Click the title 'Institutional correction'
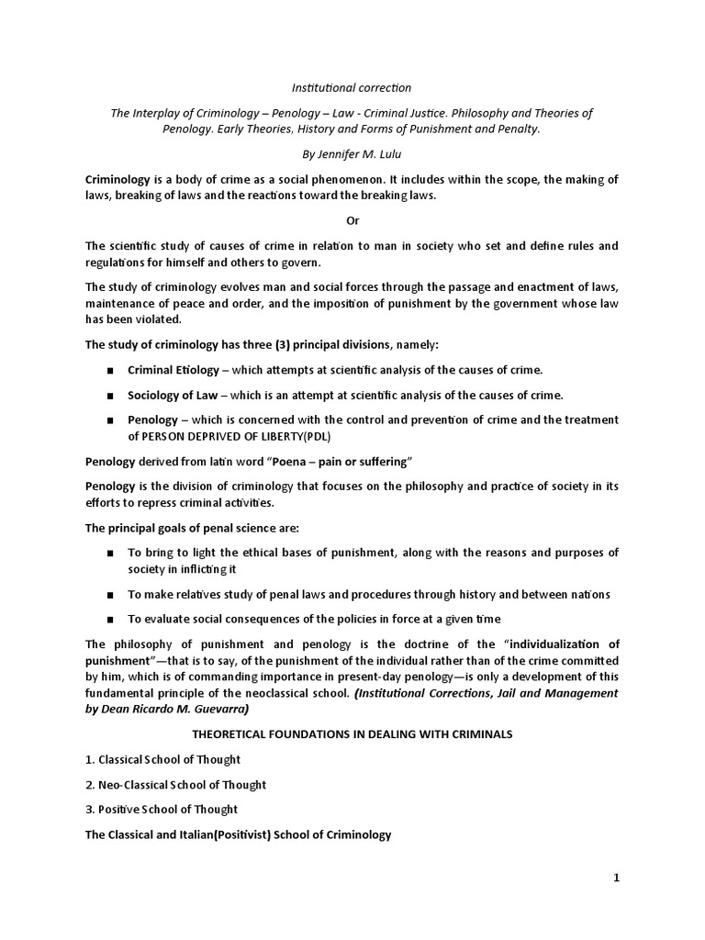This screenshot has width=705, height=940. [x=352, y=88]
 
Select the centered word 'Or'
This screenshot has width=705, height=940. [x=352, y=221]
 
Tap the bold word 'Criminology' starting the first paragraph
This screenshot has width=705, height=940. [x=122, y=179]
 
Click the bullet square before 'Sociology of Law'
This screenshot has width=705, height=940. [x=110, y=396]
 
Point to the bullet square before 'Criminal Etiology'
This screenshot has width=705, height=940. [x=110, y=371]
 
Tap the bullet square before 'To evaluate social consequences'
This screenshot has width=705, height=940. [x=110, y=620]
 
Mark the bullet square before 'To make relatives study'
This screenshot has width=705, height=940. [x=110, y=595]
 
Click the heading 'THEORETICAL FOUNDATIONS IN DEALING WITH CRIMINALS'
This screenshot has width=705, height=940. [x=352, y=734]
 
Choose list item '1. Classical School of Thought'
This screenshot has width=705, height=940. [x=162, y=759]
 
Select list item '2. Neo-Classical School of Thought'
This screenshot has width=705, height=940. [x=175, y=785]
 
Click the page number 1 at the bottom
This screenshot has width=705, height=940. [x=617, y=878]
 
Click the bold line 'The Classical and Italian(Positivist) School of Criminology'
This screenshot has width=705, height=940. [x=238, y=834]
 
